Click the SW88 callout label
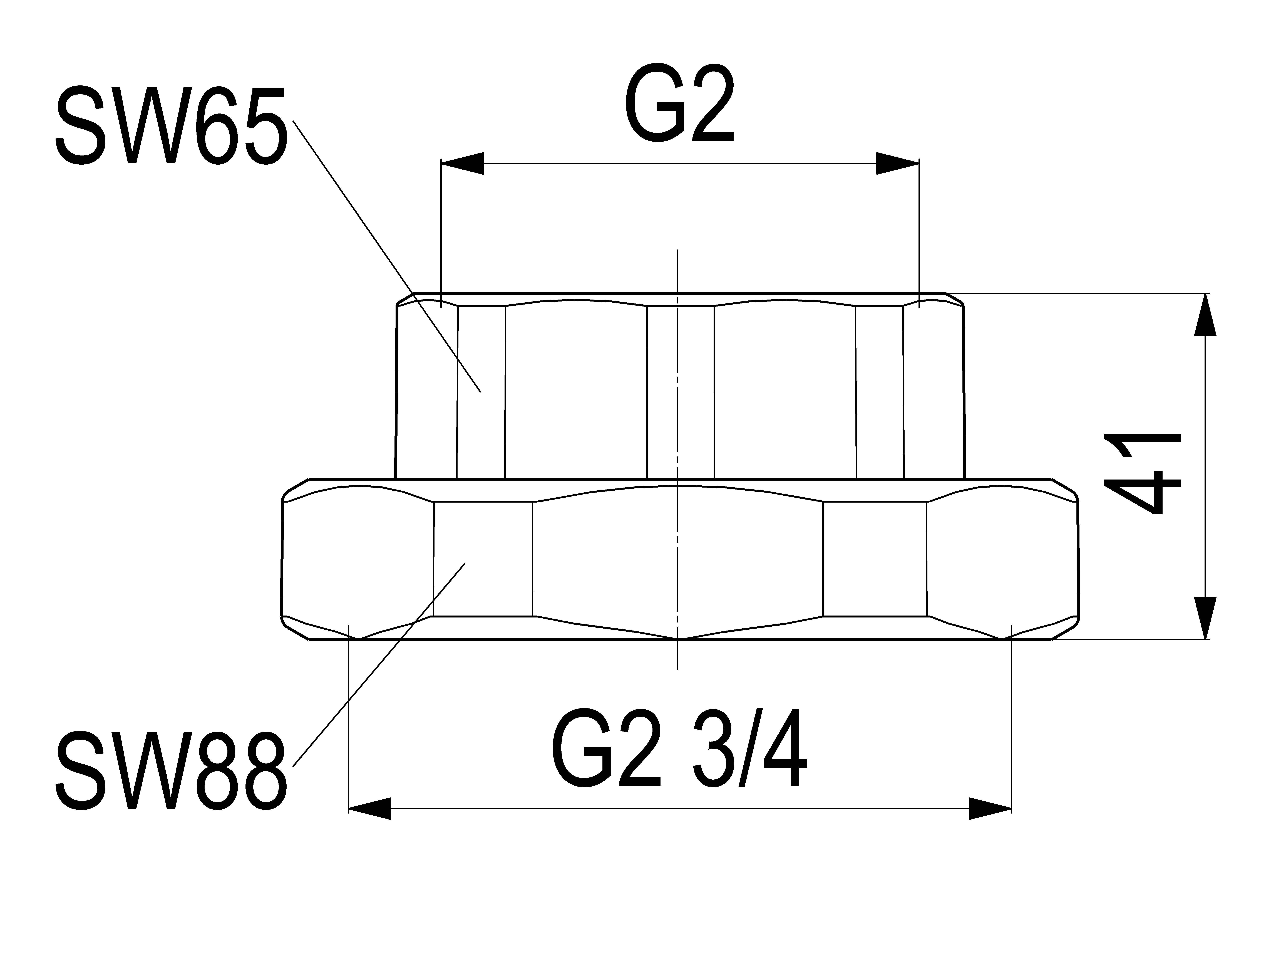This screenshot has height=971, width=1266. (x=171, y=771)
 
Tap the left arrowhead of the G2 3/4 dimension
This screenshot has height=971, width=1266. (x=370, y=808)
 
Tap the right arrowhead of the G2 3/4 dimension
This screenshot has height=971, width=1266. (x=990, y=808)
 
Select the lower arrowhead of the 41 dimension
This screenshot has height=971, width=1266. (x=1205, y=618)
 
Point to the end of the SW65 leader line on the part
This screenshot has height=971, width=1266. (x=480, y=392)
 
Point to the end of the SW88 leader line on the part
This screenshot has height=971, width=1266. (x=465, y=563)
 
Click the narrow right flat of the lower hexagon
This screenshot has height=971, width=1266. (x=875, y=559)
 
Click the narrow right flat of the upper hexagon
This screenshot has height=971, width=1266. (x=879, y=392)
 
